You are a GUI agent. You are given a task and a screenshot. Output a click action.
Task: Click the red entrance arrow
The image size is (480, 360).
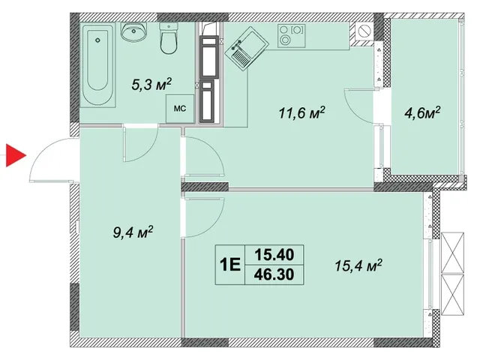pyautogui.click(x=15, y=156)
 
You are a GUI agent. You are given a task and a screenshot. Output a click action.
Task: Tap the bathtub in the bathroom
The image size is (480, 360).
pyautogui.click(x=97, y=65)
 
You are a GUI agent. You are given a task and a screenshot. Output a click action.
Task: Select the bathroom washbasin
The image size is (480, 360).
pyautogui.click(x=133, y=31)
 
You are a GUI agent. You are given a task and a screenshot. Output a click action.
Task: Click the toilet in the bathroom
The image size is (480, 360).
pyautogui.click(x=168, y=39)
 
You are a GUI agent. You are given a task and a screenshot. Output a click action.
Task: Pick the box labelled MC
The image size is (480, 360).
pyautogui.click(x=180, y=109)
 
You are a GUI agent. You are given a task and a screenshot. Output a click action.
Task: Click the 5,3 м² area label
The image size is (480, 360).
pyautogui.click(x=151, y=85)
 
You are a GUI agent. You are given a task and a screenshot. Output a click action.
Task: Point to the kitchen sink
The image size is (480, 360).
pyautogui.click(x=247, y=49)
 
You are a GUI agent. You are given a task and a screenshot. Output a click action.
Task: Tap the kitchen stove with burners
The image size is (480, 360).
pyautogui.click(x=292, y=36)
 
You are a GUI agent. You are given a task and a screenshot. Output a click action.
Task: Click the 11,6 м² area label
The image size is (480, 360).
pyautogui.click(x=301, y=113)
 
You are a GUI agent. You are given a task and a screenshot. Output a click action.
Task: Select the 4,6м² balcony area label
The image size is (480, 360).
pyautogui.click(x=422, y=113)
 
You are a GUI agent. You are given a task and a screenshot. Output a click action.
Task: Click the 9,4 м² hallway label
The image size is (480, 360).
pyautogui.click(x=133, y=232)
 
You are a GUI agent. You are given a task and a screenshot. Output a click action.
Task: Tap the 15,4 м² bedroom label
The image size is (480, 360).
pyautogui.click(x=358, y=265)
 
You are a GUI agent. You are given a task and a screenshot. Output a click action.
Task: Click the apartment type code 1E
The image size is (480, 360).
pyautogui.click(x=230, y=265)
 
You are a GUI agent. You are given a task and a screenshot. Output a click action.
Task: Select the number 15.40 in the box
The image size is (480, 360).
pyautogui.click(x=274, y=255)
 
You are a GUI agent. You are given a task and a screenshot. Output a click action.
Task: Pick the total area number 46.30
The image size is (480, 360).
pyautogui.click(x=274, y=274)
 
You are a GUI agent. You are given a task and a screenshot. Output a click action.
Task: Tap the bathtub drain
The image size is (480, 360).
pyautogui.click(x=97, y=40)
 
